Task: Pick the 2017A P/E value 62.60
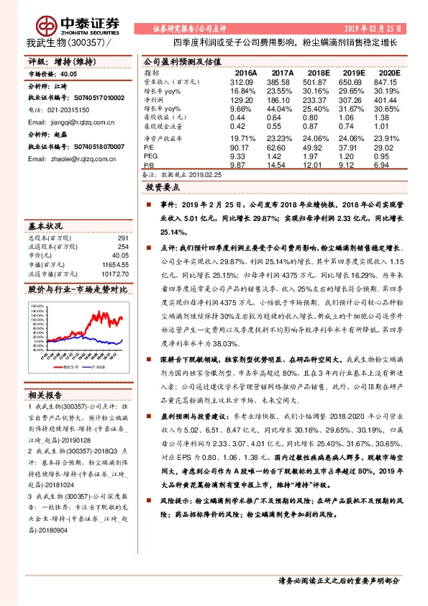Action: click(x=281, y=148)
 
